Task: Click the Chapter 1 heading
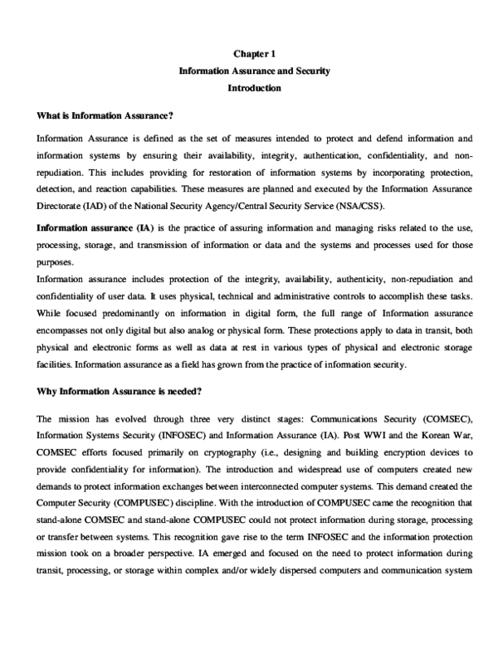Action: (255, 54)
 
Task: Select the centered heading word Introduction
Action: (255, 87)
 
